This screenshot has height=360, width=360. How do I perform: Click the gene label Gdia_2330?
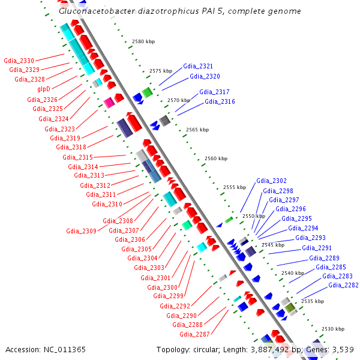pyautogui.click(x=19, y=61)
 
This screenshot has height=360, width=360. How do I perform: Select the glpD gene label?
pyautogui.click(x=44, y=88)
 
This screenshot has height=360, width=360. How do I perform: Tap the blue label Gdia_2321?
pyautogui.click(x=198, y=66)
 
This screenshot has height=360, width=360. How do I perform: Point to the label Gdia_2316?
pyautogui.click(x=220, y=102)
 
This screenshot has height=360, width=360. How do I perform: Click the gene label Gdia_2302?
pyautogui.click(x=271, y=181)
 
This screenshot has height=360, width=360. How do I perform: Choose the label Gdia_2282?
pyautogui.click(x=344, y=286)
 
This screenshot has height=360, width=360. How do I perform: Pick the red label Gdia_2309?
pyautogui.click(x=81, y=231)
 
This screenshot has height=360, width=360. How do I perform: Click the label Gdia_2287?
pyautogui.click(x=194, y=334)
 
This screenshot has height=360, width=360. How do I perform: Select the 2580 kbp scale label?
pyautogui.click(x=143, y=41)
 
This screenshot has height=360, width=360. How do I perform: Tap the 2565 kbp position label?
pyautogui.click(x=197, y=130)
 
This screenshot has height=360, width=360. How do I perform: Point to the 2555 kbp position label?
pyautogui.click(x=235, y=187)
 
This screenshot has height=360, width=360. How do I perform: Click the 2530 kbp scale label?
pyautogui.click(x=333, y=329)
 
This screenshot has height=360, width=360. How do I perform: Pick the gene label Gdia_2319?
pyautogui.click(x=65, y=138)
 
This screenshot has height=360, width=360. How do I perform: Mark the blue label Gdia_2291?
pyautogui.click(x=317, y=248)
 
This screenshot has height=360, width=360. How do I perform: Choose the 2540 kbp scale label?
pyautogui.click(x=293, y=273)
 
